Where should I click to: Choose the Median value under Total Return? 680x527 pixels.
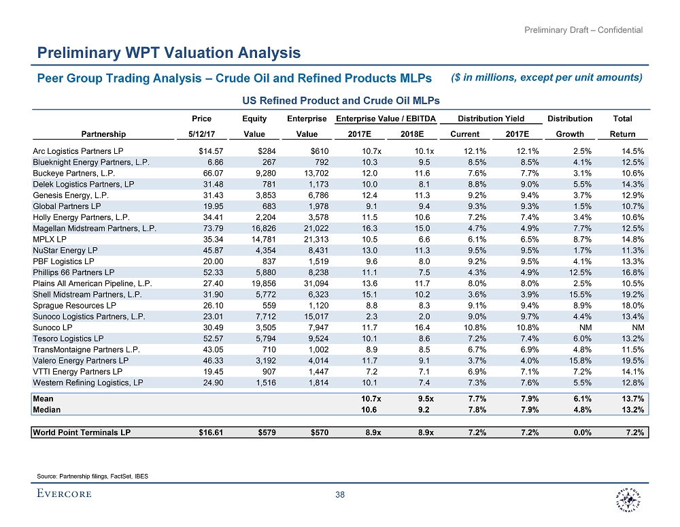[632, 410]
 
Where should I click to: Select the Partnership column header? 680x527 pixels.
[103, 134]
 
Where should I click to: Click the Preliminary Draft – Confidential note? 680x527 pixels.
[584, 30]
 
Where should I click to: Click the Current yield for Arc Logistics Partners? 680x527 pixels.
[469, 150]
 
